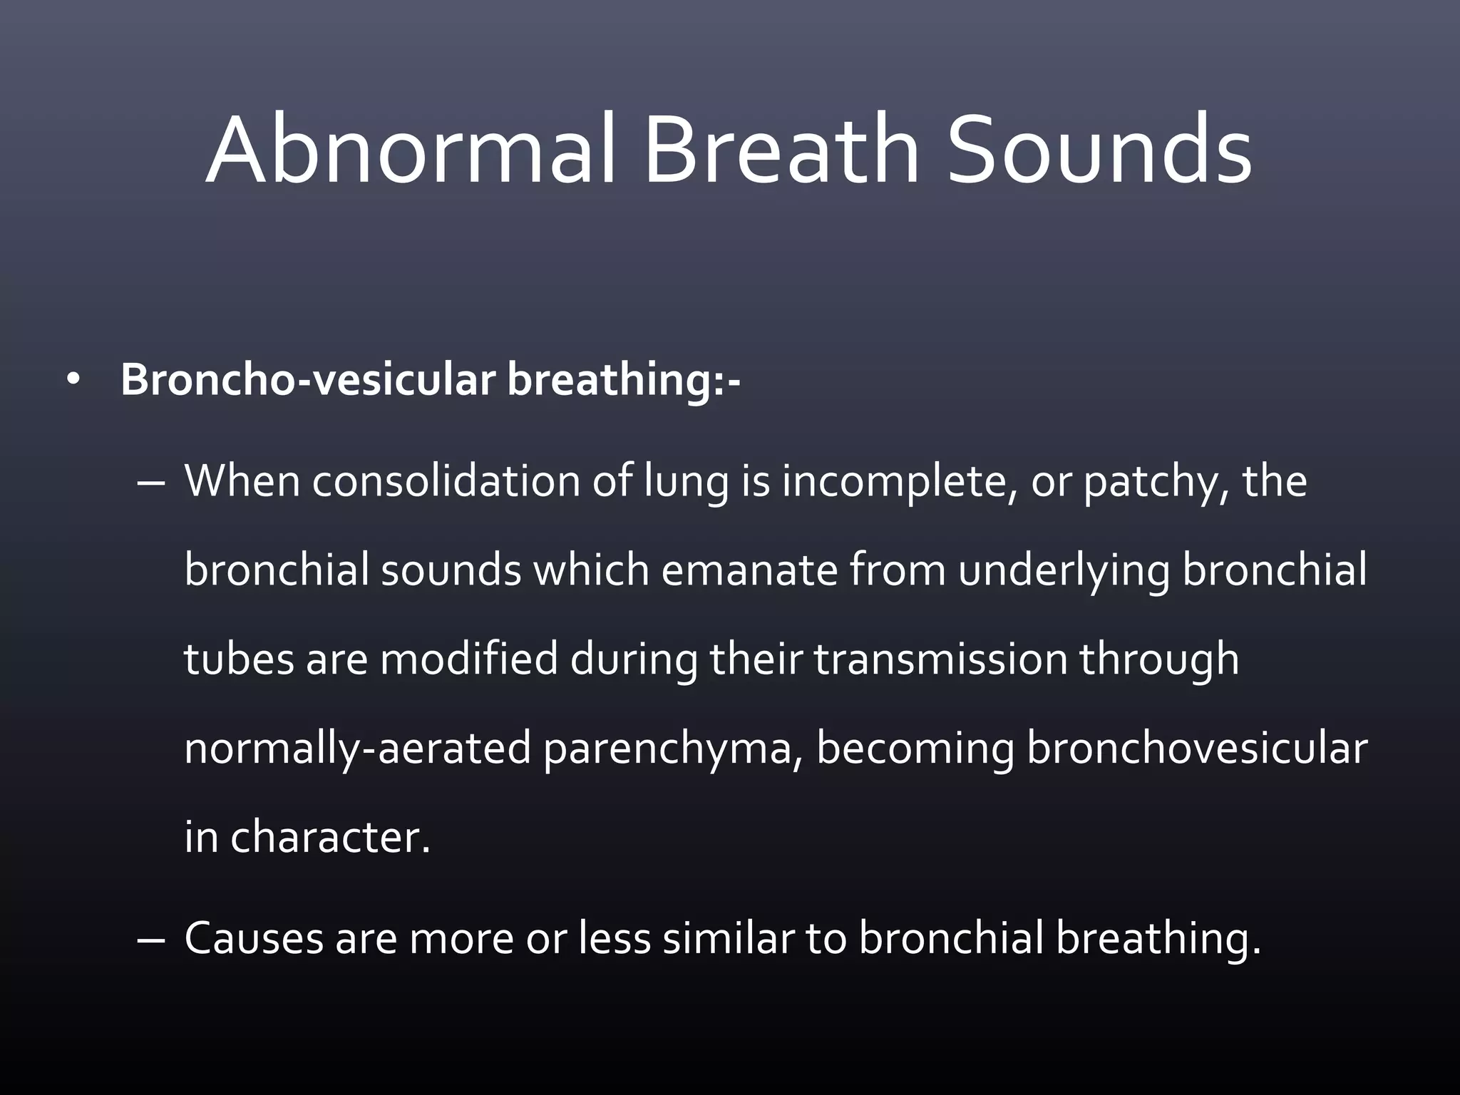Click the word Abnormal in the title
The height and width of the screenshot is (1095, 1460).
tap(410, 151)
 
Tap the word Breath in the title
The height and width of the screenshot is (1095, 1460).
tap(781, 151)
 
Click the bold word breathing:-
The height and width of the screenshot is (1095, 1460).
tap(624, 381)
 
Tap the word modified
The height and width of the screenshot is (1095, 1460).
tap(469, 659)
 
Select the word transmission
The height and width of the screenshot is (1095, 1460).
tap(941, 659)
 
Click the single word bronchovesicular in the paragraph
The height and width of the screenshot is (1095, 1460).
tap(1197, 749)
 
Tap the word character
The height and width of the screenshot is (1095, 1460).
tap(330, 837)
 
